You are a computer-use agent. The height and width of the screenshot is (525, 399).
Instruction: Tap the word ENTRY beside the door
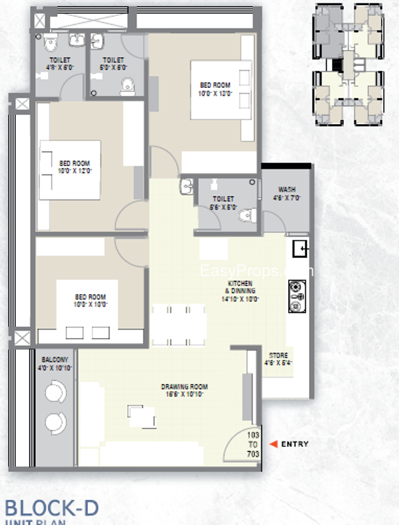(x=295, y=444)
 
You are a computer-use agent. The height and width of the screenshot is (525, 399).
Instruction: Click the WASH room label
(x=286, y=193)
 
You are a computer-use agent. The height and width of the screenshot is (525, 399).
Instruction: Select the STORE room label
(x=277, y=358)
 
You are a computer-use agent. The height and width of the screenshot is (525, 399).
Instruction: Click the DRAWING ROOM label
(x=184, y=390)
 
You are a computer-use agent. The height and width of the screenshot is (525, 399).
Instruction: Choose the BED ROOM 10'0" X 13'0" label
(x=216, y=89)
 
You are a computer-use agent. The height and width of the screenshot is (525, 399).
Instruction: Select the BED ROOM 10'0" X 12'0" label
(x=74, y=167)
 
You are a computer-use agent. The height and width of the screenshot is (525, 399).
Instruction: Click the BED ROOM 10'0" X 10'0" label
(x=91, y=301)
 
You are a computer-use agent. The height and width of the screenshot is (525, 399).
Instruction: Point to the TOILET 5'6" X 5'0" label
(x=223, y=202)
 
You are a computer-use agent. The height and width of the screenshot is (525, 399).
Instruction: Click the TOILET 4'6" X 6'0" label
(x=58, y=64)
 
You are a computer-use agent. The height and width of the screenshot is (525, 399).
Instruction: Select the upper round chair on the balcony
(x=54, y=393)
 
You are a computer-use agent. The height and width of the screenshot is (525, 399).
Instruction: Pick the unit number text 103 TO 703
(x=253, y=444)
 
